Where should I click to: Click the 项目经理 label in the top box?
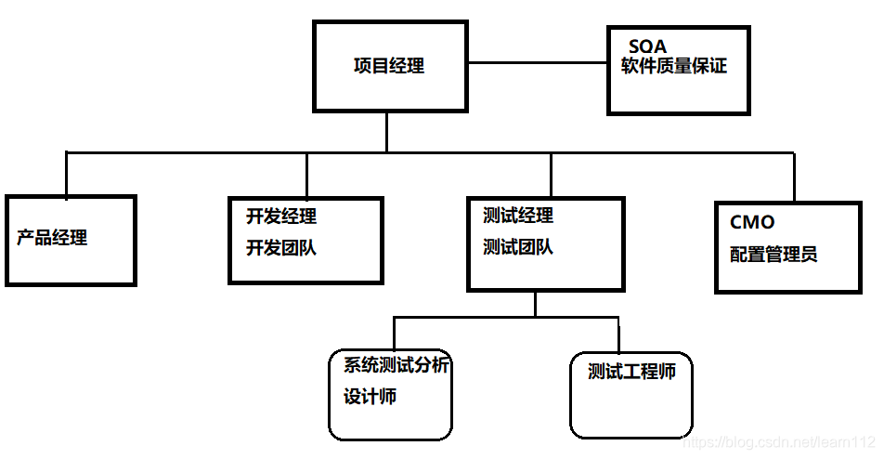point(389,66)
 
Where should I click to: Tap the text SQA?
point(647,46)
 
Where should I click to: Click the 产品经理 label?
point(52,237)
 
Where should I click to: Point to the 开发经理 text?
point(281,216)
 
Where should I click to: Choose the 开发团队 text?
point(281,248)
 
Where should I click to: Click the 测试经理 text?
point(518,216)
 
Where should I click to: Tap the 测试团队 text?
point(518,247)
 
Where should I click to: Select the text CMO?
point(752,223)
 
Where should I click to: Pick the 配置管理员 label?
point(773,255)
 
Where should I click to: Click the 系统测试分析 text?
point(396,365)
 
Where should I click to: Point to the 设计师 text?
point(370,397)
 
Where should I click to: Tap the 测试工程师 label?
point(631,373)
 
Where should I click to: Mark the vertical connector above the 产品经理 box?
point(67,174)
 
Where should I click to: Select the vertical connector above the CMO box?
point(794,177)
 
